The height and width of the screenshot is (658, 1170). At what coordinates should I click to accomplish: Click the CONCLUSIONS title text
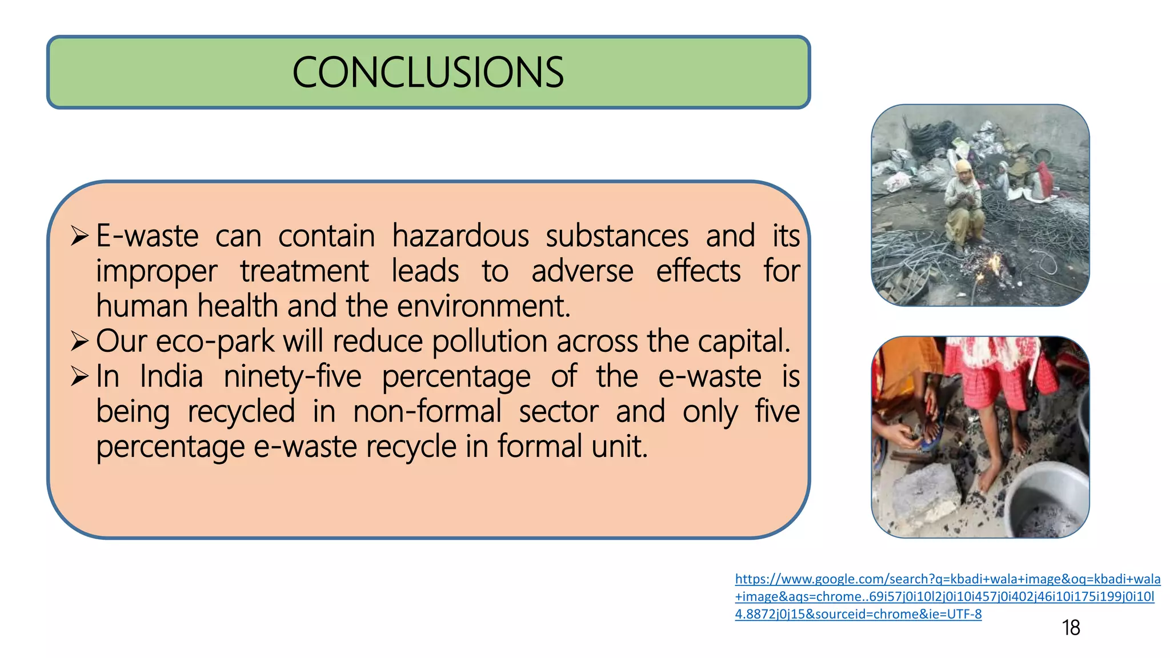(x=428, y=73)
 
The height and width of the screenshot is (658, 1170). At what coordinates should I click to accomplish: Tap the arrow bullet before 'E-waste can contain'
(x=79, y=235)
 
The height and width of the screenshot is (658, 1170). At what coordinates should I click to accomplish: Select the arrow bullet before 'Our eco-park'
(x=79, y=341)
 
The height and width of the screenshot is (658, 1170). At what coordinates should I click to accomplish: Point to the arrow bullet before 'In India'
(x=79, y=376)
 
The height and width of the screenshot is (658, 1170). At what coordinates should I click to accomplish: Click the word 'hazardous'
(x=460, y=236)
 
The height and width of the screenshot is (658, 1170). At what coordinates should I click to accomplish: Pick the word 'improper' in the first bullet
(x=157, y=272)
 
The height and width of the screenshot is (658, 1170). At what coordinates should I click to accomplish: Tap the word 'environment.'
(x=483, y=306)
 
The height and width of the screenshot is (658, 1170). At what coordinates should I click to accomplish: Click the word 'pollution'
(x=490, y=342)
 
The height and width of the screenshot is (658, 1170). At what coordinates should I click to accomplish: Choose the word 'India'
(x=171, y=377)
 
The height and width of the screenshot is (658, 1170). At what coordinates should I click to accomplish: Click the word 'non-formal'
(x=427, y=412)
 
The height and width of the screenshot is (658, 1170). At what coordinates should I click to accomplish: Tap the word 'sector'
(x=559, y=412)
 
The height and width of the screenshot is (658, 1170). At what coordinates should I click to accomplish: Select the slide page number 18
(x=1071, y=628)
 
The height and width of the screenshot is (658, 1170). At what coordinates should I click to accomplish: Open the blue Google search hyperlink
(x=947, y=596)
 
